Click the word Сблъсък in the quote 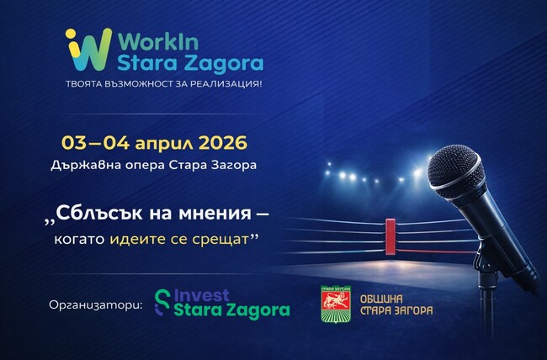(x=98, y=214)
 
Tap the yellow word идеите (x=139, y=239)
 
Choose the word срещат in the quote (x=220, y=240)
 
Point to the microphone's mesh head (x=454, y=165)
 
